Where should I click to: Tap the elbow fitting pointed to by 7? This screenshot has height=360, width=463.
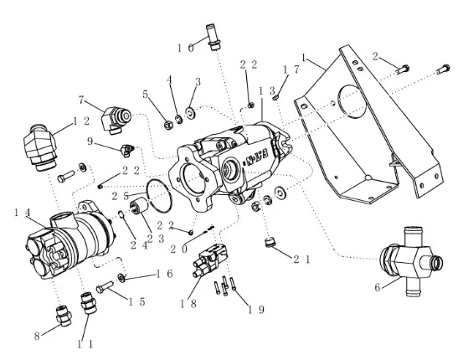tap(116, 120)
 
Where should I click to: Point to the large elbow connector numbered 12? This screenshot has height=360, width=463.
tap(40, 147)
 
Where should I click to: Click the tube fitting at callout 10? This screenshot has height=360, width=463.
tap(213, 37)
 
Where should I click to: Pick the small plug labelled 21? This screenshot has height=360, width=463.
tap(270, 242)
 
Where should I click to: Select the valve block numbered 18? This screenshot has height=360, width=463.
tap(209, 260)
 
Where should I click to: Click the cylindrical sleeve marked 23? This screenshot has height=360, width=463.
tap(137, 207)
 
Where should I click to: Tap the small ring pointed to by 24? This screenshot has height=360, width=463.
tap(121, 214)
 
